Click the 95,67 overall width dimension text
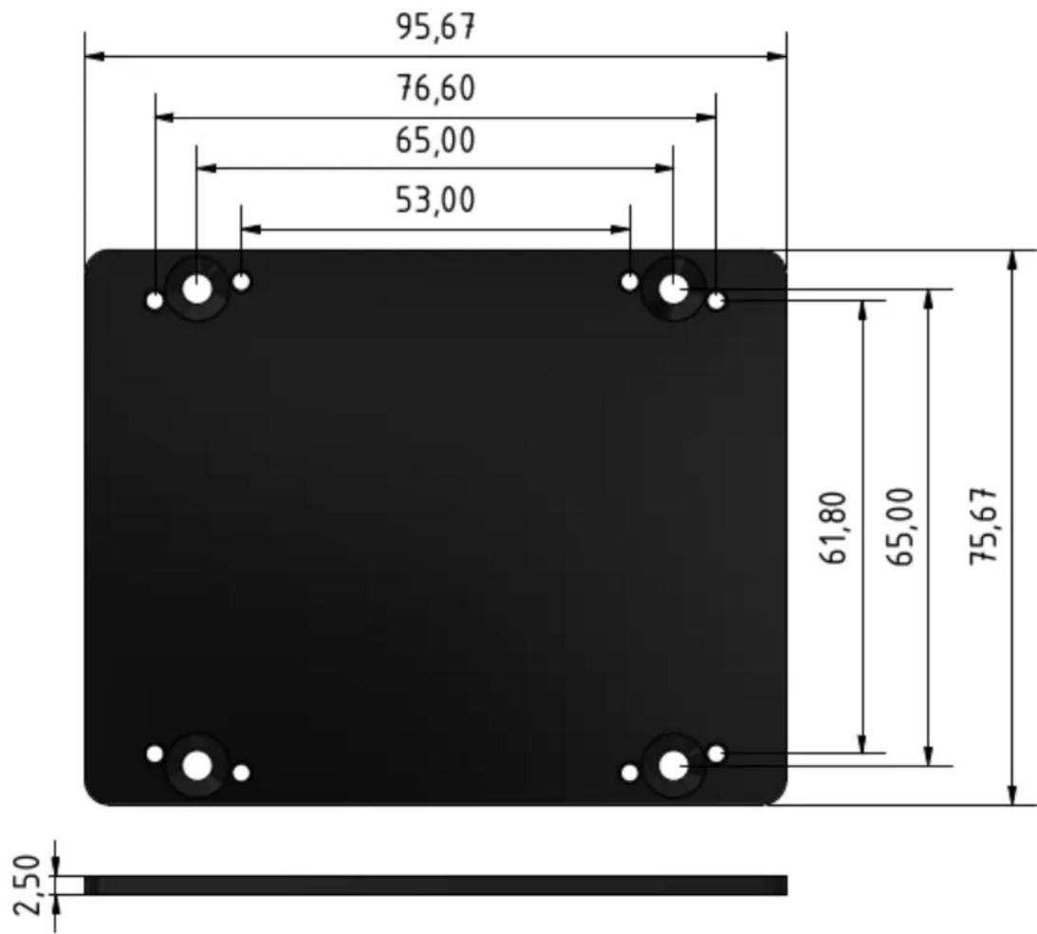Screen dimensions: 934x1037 pos(435,28)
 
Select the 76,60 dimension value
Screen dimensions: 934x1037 pos(435,88)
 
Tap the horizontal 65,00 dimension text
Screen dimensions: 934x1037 pos(435,141)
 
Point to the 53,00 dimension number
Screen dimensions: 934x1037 pos(435,200)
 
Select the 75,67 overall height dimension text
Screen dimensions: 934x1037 pos(983,527)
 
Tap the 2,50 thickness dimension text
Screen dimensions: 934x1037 pos(30,885)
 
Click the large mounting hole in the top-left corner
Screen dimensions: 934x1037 pos(197,290)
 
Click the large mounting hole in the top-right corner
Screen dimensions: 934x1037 pos(673,290)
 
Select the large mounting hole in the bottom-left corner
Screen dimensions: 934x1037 pos(197,764)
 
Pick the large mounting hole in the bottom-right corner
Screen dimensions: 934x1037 pos(673,764)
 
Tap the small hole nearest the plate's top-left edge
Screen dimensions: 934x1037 pos(155,301)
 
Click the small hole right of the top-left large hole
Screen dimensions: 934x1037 pos(242,282)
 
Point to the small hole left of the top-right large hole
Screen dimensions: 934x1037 pos(629,282)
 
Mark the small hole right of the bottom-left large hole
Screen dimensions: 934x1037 pos(242,773)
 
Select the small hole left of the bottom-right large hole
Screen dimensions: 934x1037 pos(629,773)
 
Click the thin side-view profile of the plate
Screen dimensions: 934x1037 pos(436,885)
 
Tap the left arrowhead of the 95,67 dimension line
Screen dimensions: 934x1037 pos(93,57)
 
